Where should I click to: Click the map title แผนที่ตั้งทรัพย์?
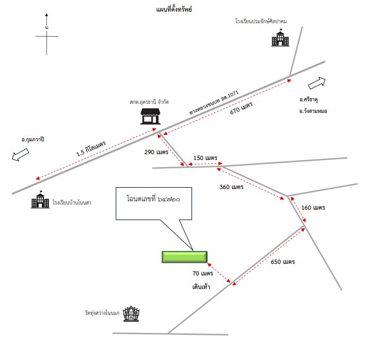pos(174,9)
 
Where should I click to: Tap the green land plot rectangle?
pos(184,257)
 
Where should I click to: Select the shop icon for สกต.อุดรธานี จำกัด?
pos(150,116)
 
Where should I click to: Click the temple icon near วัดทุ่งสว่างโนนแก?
pos(131,314)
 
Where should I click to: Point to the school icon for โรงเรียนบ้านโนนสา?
pos(41,199)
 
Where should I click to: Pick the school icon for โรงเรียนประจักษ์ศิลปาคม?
pos(280,37)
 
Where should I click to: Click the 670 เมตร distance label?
pos(242,108)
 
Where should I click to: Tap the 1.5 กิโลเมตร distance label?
pos(91,148)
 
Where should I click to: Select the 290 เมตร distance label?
pos(156,152)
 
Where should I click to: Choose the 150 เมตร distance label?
pos(205,158)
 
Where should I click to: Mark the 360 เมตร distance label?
pos(231,187)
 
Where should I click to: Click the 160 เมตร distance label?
pos(313,207)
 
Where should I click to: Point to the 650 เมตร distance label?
pos(283,261)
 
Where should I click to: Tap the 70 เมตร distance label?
pos(202,273)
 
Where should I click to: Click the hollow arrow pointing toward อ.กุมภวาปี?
pos(21,155)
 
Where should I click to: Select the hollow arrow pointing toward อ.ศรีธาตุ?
pos(317,83)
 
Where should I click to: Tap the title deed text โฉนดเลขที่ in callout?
pos(141,199)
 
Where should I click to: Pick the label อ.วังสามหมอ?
pos(313,111)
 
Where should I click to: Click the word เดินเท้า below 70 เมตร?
pos(201,286)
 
